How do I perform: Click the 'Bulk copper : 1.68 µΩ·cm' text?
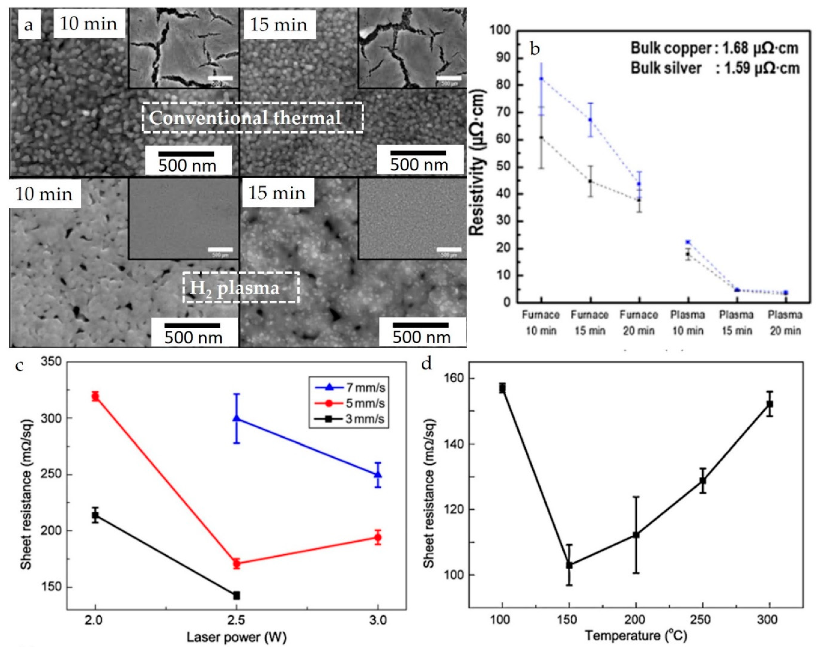pyautogui.click(x=714, y=48)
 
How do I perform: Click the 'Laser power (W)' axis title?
pyautogui.click(x=236, y=637)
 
